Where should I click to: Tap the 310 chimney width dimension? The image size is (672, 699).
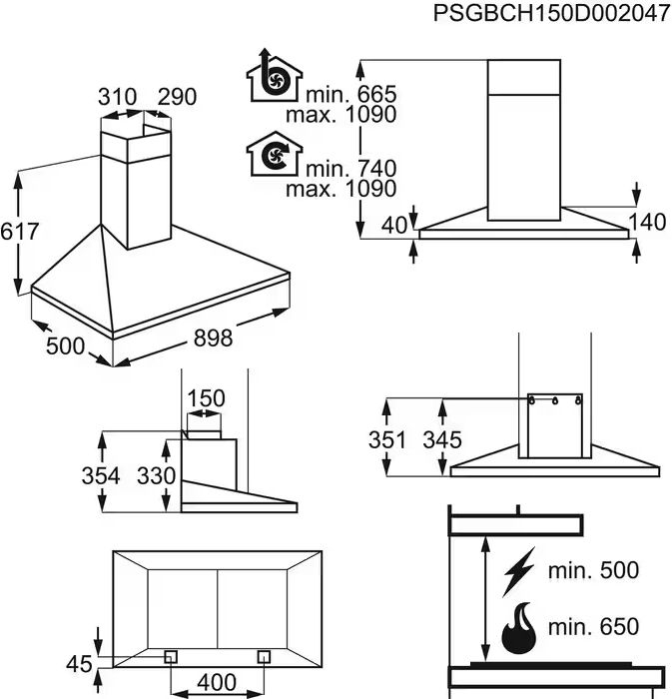[117, 97]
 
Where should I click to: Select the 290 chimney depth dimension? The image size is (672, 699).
[177, 97]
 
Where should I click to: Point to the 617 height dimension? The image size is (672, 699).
[19, 232]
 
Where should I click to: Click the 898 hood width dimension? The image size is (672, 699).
[212, 339]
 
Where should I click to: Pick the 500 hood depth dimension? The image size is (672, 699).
[65, 346]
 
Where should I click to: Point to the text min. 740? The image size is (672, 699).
[351, 168]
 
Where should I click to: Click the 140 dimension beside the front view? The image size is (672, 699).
[647, 223]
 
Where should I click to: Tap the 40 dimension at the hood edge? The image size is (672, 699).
[395, 226]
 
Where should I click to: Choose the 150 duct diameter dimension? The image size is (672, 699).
[207, 398]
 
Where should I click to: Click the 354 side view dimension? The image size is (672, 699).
[100, 475]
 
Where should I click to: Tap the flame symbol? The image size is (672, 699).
[520, 627]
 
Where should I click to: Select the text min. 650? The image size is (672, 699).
[593, 627]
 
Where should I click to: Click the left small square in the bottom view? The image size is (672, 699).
[171, 656]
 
